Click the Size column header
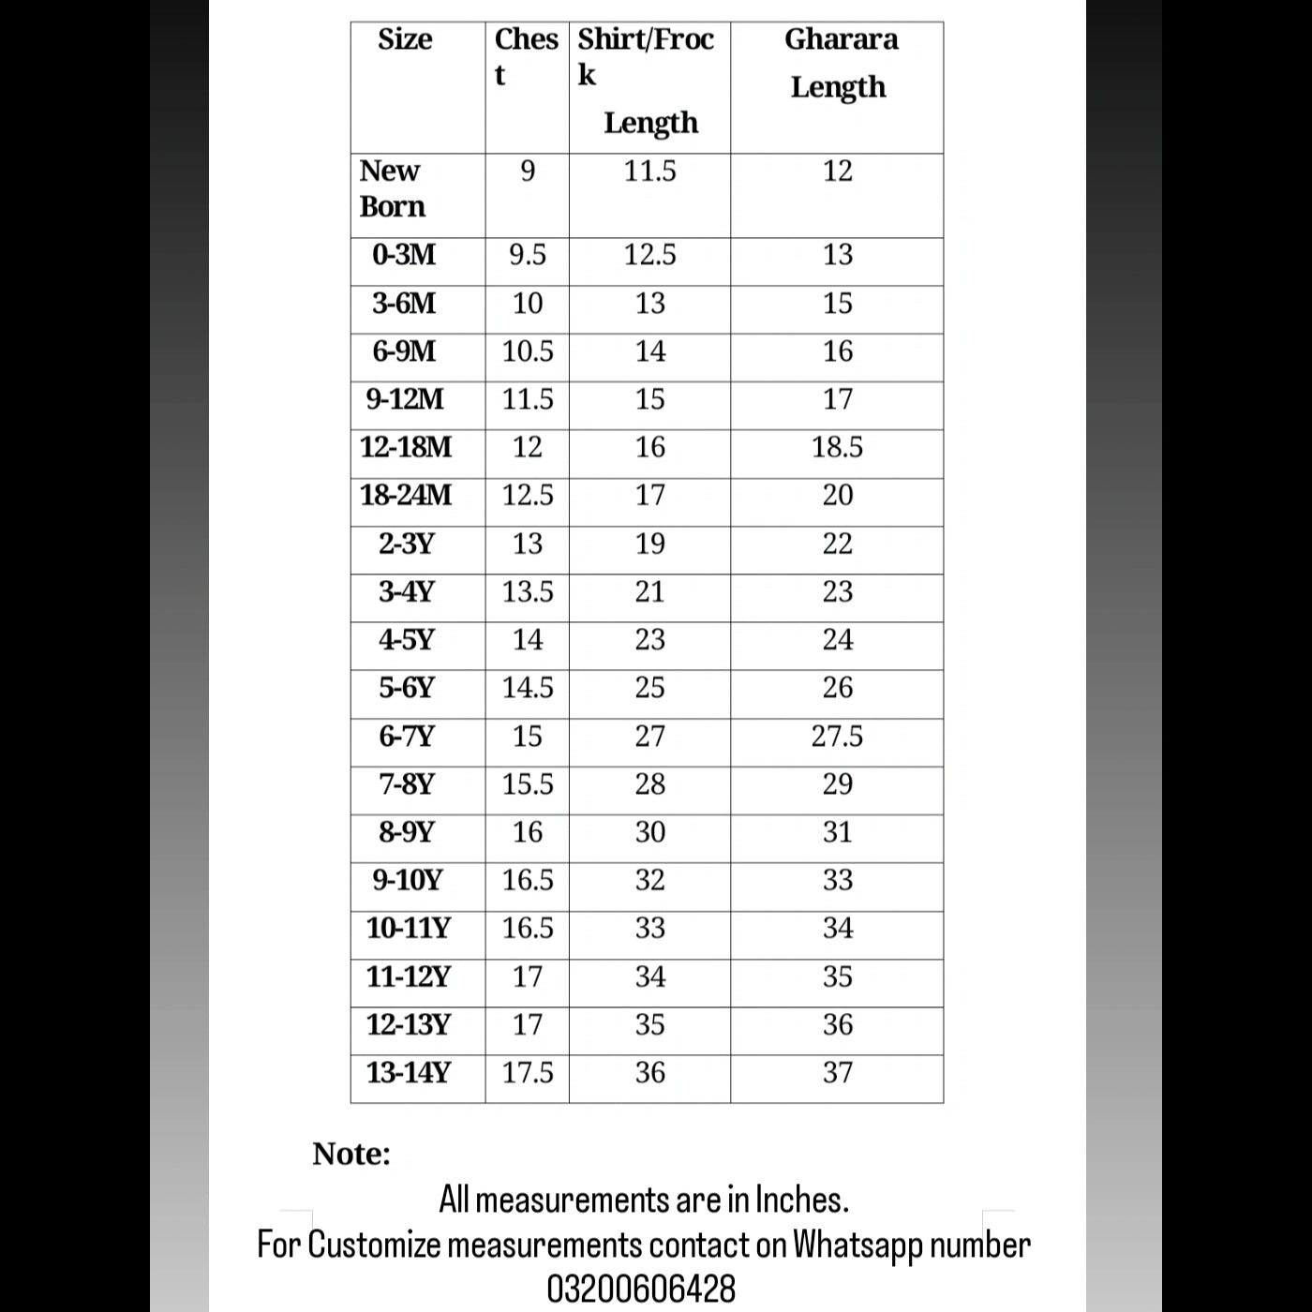click(x=405, y=39)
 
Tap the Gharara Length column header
click(x=840, y=63)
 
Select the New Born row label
click(x=392, y=188)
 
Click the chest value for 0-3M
click(x=528, y=255)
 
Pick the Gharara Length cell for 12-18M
click(x=837, y=447)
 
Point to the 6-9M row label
click(x=404, y=351)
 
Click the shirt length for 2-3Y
click(x=649, y=544)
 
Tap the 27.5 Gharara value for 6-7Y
click(x=837, y=737)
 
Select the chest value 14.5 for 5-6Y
click(x=528, y=688)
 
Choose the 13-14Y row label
click(x=409, y=1072)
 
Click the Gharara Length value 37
click(x=837, y=1072)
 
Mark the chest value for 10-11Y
click(x=528, y=928)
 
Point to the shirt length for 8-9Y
click(x=649, y=832)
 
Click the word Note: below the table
click(x=351, y=1154)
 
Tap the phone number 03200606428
click(x=641, y=1289)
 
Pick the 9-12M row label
click(x=405, y=399)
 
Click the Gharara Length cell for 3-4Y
click(x=837, y=591)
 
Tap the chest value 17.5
click(x=528, y=1072)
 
